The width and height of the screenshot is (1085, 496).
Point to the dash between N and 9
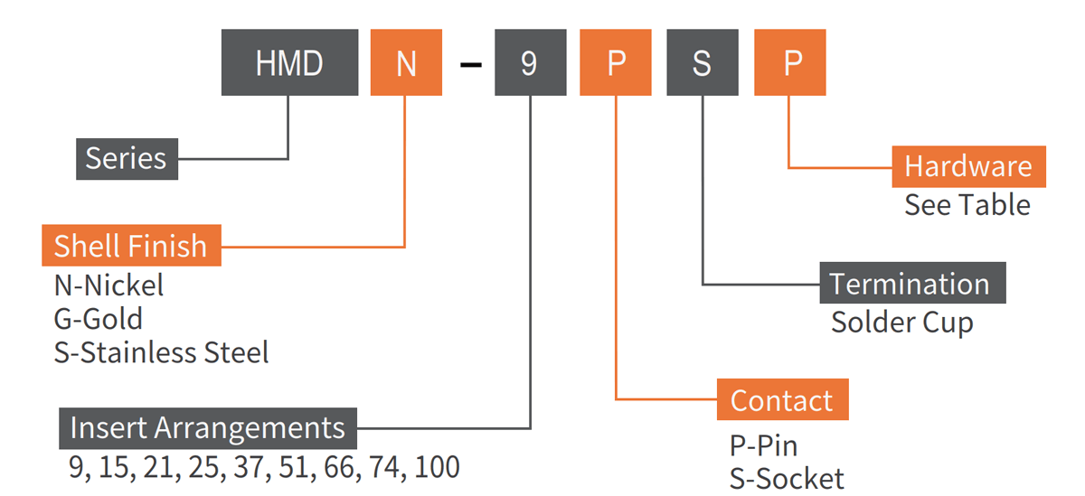(470, 65)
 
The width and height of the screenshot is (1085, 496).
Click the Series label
(127, 159)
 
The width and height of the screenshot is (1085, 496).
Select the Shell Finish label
(131, 246)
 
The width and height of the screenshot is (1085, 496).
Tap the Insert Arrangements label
(208, 428)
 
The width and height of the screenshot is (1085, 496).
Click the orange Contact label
(782, 400)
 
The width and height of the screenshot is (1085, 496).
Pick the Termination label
(911, 284)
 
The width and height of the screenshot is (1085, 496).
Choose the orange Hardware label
(968, 166)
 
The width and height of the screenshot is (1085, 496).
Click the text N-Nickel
(109, 286)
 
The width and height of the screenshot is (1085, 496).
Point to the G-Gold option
(99, 319)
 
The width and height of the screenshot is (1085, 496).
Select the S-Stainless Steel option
(162, 351)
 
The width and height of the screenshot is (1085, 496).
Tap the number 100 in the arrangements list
(437, 467)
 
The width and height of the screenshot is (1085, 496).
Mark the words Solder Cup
(901, 322)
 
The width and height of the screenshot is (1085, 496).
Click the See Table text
(967, 205)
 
